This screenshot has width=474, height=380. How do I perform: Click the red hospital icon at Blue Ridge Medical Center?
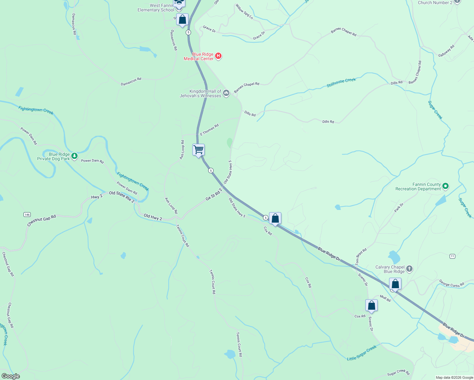click(x=218, y=56)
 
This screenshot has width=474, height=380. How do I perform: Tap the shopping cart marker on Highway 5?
click(x=198, y=149)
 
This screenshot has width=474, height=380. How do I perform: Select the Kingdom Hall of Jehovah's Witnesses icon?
click(x=226, y=93)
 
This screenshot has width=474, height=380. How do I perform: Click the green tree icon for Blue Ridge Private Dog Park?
click(x=74, y=156)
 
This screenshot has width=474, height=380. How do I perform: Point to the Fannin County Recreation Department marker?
click(x=445, y=186)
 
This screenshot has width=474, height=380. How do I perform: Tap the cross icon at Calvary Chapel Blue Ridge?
click(x=409, y=269)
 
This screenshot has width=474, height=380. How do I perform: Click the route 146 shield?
click(x=27, y=215)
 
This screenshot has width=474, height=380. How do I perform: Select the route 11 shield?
click(x=452, y=256)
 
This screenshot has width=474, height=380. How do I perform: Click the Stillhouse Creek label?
click(x=341, y=82)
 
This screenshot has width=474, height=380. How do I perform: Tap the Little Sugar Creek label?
click(x=362, y=353)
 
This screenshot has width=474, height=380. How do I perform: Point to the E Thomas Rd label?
click(x=209, y=130)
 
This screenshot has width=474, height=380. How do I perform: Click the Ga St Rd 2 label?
click(x=214, y=194)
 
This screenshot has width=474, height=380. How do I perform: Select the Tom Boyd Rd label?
click(x=361, y=256)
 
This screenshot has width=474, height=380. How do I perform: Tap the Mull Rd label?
click(x=385, y=298)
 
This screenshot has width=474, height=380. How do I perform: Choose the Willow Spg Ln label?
click(x=244, y=12)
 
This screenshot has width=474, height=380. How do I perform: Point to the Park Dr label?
click(x=399, y=208)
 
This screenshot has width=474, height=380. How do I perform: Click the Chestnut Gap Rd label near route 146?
click(x=42, y=220)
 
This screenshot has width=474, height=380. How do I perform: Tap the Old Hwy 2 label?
click(x=153, y=217)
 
